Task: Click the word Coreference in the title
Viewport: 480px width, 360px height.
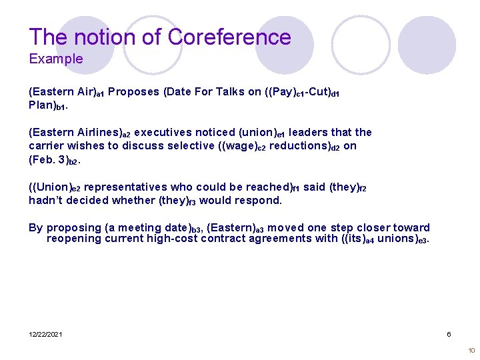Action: [229, 37]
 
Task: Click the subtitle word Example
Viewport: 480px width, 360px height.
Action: [56, 59]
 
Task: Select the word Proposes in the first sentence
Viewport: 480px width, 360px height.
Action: [133, 92]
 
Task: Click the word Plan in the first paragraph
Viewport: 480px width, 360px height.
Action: [41, 105]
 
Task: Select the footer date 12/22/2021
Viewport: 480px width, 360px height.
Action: [45, 334]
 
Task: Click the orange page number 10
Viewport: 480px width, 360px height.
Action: [471, 351]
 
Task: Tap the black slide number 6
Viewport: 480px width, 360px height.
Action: [449, 334]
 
